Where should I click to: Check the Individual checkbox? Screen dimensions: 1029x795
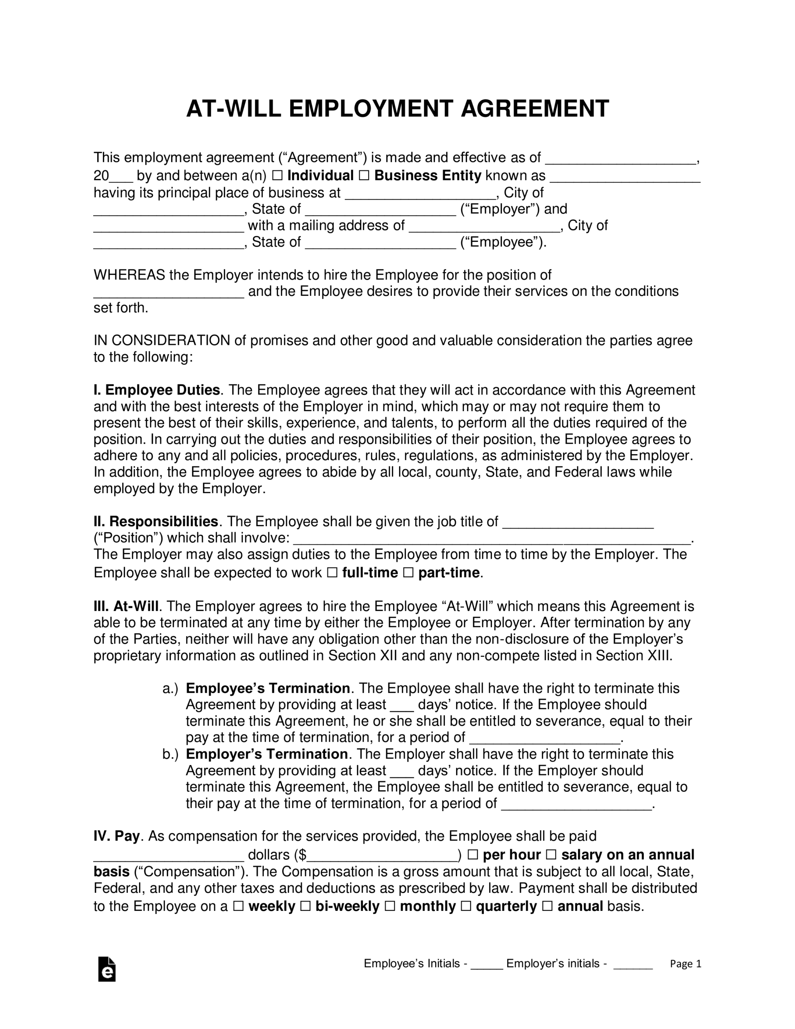(277, 176)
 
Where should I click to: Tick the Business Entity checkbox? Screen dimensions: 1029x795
(364, 176)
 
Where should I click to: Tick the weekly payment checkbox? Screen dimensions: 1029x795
(238, 906)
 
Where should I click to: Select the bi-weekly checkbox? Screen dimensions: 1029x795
(305, 906)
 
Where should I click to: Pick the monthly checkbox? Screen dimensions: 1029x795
(390, 906)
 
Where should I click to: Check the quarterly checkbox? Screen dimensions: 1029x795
(465, 906)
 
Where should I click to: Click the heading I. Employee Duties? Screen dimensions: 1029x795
(157, 390)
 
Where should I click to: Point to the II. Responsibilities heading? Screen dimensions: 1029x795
(156, 522)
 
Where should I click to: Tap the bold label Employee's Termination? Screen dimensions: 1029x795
(268, 689)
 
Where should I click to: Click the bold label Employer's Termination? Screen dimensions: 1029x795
(267, 754)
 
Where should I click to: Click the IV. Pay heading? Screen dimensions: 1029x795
(117, 836)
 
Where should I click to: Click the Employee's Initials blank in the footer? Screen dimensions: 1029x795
(487, 963)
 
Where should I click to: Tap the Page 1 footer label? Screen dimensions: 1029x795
(686, 964)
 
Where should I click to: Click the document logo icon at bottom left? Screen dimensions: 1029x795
(107, 969)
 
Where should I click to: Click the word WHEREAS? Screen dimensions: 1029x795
(129, 275)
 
